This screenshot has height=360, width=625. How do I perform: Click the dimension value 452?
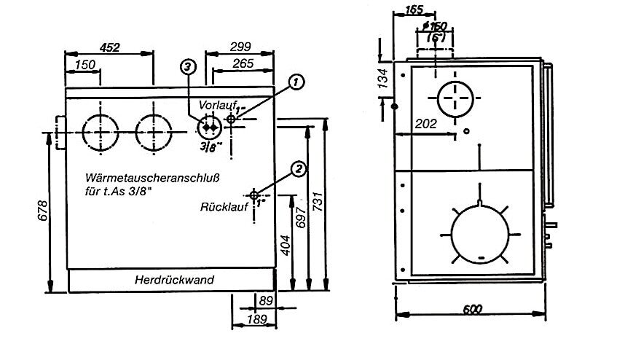(109, 47)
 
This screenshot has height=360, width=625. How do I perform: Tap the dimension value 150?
(85, 66)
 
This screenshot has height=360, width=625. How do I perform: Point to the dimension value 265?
(243, 64)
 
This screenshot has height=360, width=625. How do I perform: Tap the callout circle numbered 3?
(188, 67)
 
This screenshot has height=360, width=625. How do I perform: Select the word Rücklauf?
(221, 207)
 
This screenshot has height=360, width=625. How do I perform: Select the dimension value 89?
(267, 299)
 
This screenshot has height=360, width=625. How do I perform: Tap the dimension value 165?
(414, 10)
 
